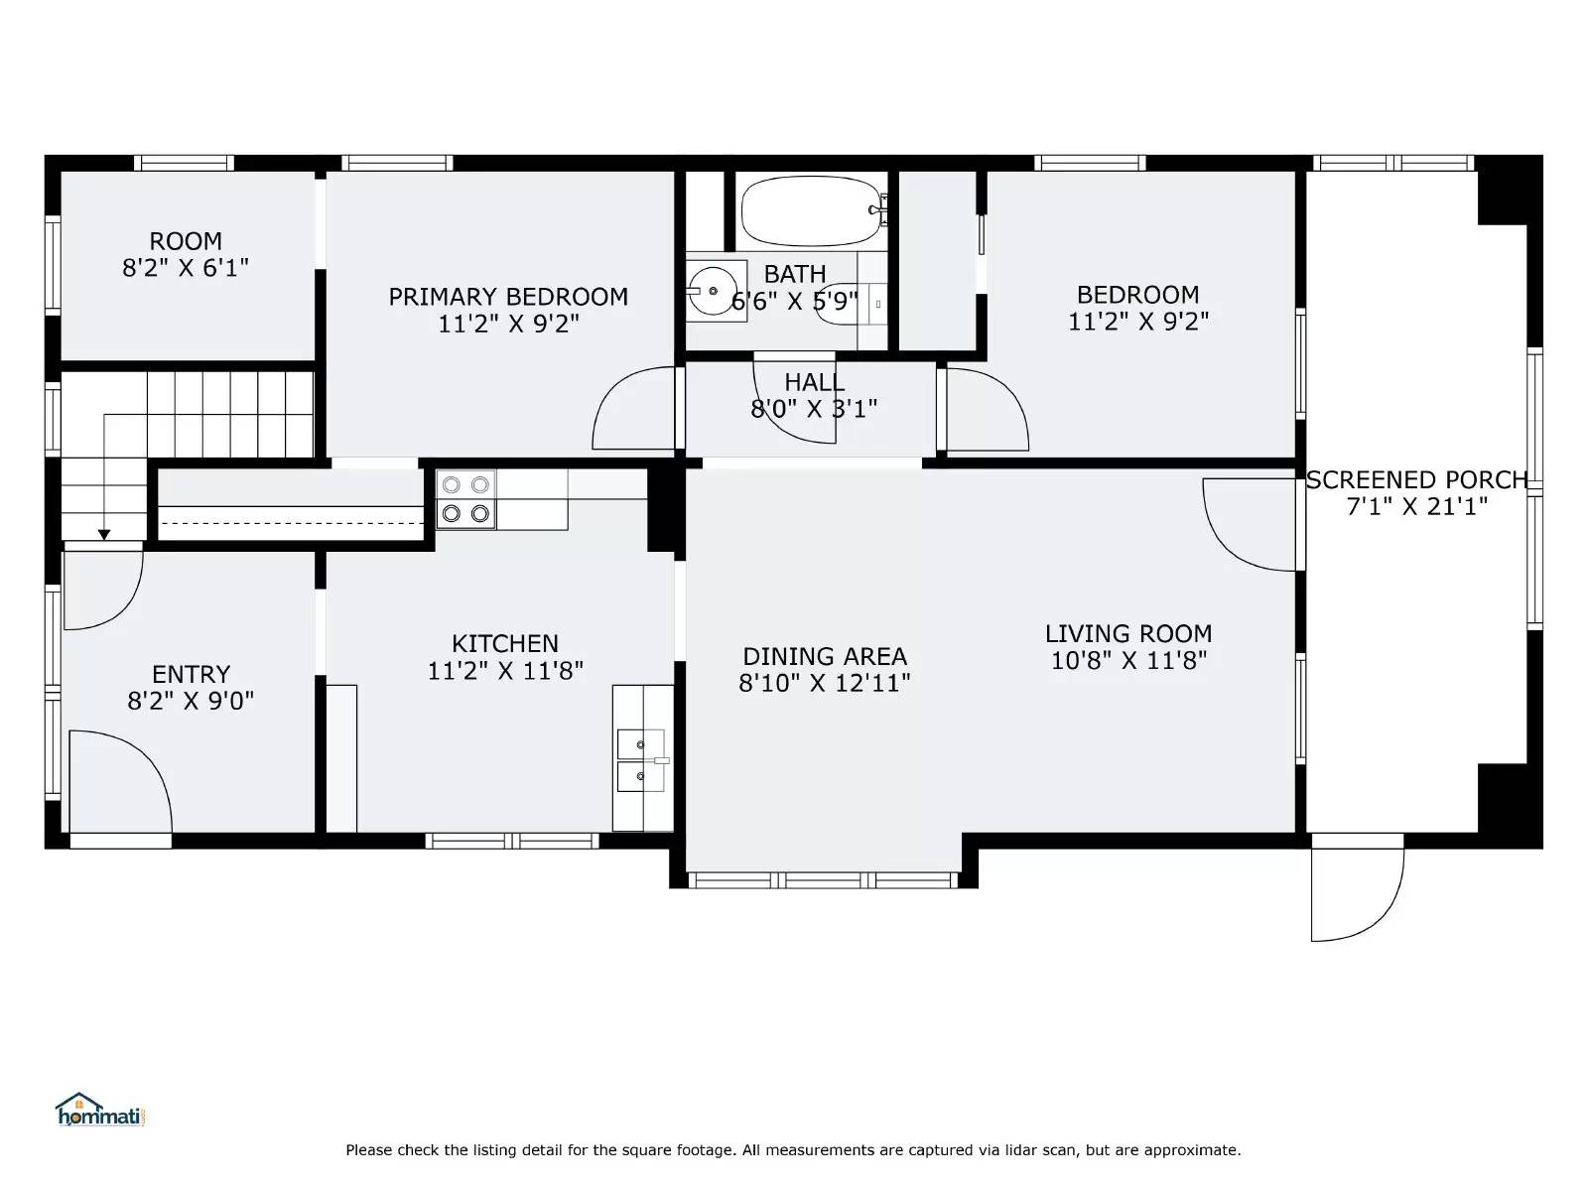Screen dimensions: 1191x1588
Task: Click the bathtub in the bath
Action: tap(809, 211)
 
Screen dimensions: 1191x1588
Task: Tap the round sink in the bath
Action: tap(715, 289)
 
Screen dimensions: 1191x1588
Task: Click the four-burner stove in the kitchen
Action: tap(465, 499)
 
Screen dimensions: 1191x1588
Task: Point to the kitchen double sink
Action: tap(641, 759)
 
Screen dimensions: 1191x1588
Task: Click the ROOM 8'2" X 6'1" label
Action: tap(186, 254)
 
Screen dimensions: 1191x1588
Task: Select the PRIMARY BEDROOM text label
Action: tap(507, 297)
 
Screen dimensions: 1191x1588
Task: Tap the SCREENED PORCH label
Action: tap(1416, 480)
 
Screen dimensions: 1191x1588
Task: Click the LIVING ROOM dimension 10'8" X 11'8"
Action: tap(1128, 660)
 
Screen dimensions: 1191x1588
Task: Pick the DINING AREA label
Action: tap(824, 656)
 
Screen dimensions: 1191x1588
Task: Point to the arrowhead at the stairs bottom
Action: tap(103, 535)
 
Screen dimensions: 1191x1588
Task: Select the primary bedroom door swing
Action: tap(633, 409)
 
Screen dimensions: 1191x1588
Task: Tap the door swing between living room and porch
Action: tap(1250, 525)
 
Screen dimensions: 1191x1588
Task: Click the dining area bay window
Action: tap(823, 879)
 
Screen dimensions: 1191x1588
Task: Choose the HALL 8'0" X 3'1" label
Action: tap(814, 395)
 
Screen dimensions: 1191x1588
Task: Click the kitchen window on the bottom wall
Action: tap(512, 841)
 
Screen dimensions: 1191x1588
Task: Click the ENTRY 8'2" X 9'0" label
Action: tap(191, 688)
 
